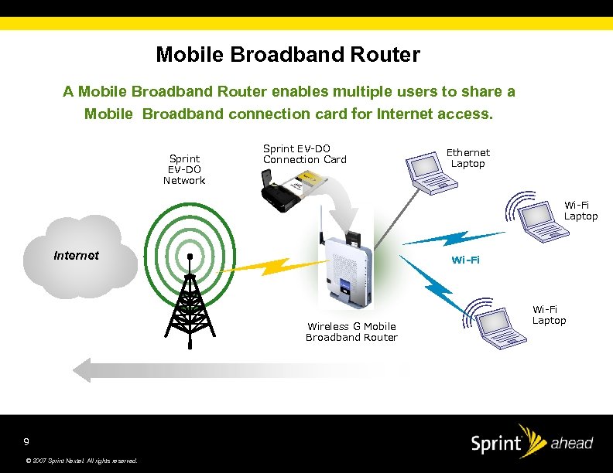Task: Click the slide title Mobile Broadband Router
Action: [288, 55]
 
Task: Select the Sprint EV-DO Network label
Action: [184, 169]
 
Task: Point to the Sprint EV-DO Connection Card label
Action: [305, 154]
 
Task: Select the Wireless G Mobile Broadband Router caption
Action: [351, 332]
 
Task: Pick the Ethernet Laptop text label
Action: [468, 158]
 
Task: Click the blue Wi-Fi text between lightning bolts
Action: [465, 260]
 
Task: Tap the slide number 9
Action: [26, 441]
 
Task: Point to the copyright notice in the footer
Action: [81, 461]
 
